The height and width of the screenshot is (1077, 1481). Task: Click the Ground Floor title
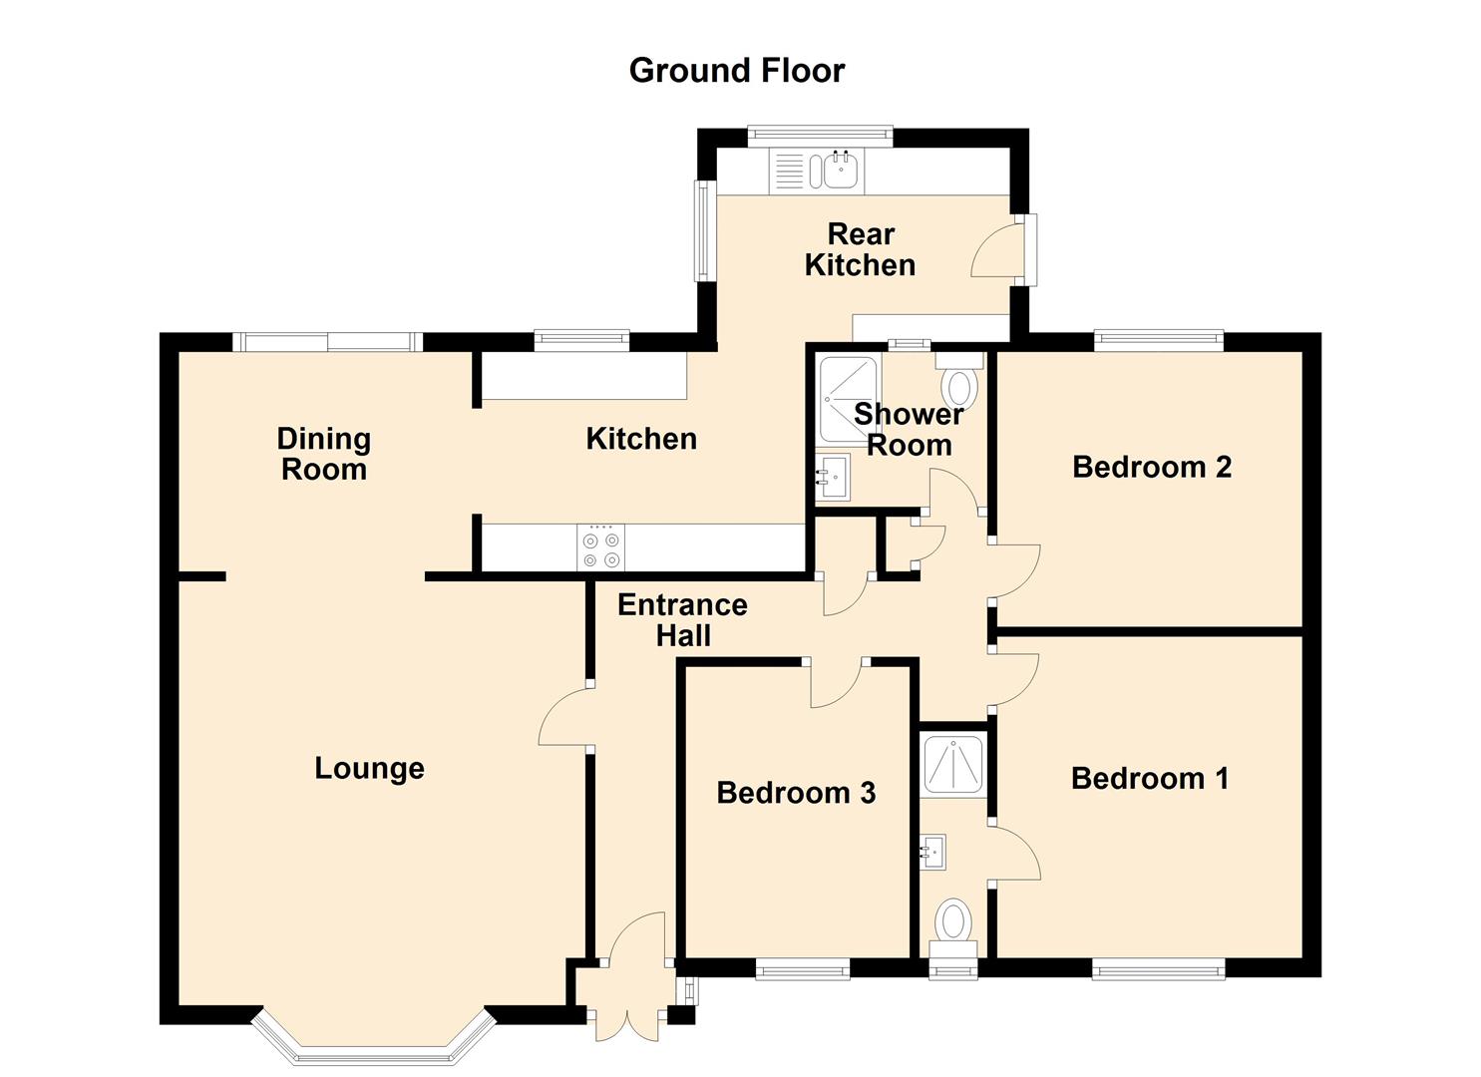[x=736, y=70]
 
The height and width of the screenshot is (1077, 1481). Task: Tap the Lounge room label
[x=369, y=768]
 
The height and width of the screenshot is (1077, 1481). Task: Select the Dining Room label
[x=324, y=454]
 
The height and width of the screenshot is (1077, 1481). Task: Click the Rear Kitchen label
[x=860, y=249]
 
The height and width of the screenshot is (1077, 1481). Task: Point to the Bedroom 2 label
[x=1152, y=467]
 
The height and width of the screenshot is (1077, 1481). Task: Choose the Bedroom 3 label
[x=796, y=793]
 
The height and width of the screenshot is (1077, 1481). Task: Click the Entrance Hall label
[x=682, y=619]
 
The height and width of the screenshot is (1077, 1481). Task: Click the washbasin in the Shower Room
[x=831, y=477]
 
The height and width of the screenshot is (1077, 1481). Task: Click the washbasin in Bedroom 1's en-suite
[x=933, y=853]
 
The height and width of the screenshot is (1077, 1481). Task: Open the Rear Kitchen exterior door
[x=997, y=250]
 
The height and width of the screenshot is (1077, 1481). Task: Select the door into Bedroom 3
[x=835, y=683]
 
